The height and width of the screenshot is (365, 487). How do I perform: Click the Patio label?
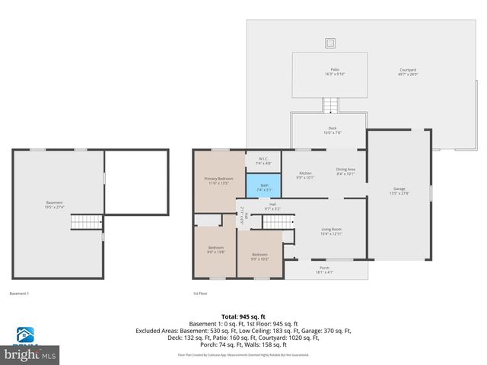329,71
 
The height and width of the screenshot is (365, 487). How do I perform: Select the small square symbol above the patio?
329,42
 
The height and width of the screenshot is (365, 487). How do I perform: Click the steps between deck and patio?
329,106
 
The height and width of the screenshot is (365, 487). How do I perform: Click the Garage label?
399,190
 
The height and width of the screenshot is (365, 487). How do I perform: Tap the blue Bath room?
263,186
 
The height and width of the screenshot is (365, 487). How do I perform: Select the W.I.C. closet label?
263,160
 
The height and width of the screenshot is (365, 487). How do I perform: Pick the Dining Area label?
345,172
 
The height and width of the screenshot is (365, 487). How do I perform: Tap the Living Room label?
330,231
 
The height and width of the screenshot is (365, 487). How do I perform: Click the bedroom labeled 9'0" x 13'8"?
216,250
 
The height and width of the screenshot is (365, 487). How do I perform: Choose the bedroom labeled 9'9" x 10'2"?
259,256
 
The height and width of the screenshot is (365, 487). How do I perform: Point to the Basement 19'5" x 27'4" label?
55,205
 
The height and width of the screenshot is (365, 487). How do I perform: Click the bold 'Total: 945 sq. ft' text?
243,316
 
